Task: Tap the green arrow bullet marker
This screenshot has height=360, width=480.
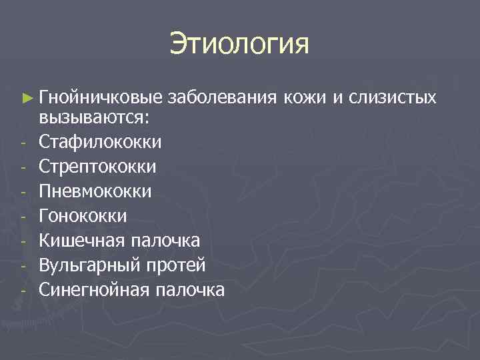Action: click(x=26, y=98)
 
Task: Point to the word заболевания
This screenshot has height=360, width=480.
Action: click(x=222, y=98)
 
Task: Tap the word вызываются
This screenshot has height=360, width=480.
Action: click(x=94, y=117)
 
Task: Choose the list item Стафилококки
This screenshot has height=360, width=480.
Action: click(x=100, y=142)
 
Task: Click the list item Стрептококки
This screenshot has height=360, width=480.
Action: click(x=98, y=167)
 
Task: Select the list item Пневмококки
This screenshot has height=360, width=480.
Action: click(x=95, y=191)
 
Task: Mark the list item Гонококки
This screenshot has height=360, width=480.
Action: click(x=83, y=216)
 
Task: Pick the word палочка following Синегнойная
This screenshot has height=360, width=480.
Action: click(x=191, y=290)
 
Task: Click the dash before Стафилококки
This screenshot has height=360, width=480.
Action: click(x=23, y=143)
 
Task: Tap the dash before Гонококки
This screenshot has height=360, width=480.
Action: click(x=23, y=217)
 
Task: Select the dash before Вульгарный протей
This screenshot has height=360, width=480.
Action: click(x=23, y=267)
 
